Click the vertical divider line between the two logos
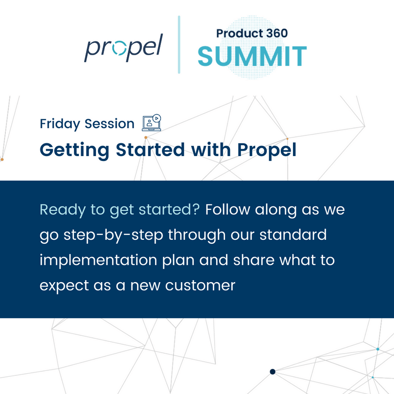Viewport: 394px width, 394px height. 179,44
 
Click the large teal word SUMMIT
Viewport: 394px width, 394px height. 252,56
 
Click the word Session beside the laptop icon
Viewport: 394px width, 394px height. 109,124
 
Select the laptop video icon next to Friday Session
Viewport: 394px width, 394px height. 152,122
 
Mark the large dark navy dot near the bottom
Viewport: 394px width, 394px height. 272,371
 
